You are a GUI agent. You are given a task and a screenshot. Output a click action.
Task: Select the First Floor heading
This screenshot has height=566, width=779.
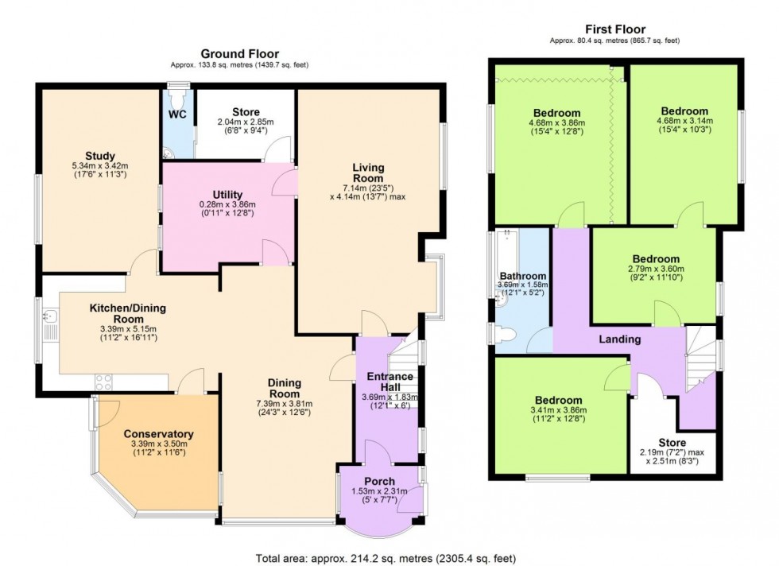[614, 29]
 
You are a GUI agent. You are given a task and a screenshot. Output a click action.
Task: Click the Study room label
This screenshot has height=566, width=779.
[100, 155]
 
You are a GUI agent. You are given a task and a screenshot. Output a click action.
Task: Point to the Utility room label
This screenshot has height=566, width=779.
[227, 195]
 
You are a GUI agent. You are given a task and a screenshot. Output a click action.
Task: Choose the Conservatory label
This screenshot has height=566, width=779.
[158, 433]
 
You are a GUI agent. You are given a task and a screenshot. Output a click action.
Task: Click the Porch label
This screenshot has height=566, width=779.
[379, 481]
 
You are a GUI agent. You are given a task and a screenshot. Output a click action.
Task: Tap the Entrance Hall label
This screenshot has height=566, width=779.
[389, 382]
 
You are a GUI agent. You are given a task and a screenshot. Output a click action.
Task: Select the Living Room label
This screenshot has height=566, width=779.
[369, 173]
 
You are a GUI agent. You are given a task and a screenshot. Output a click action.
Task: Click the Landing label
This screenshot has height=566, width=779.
[619, 339]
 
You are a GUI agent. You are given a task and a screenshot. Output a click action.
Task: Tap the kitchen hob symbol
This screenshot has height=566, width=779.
[106, 382]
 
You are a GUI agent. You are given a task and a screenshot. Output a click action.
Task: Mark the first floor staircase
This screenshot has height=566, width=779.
[700, 358]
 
